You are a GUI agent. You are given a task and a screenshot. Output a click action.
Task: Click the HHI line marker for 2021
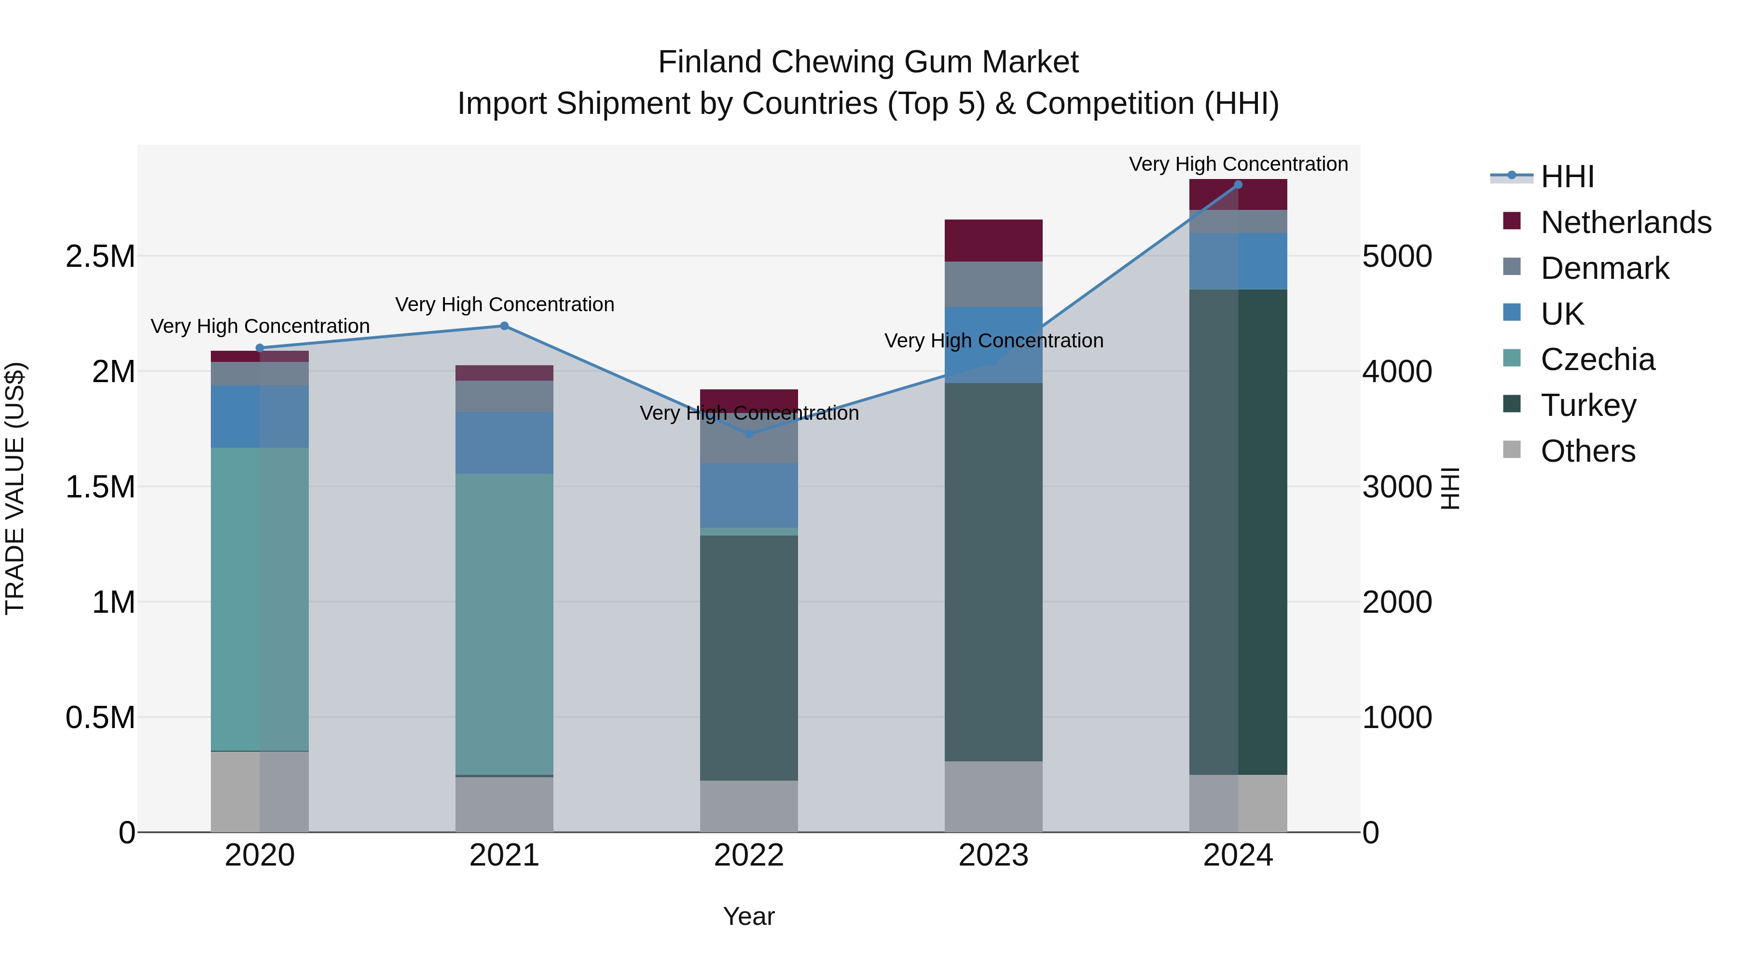coord(504,326)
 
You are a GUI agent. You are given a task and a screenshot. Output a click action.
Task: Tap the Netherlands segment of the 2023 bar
coord(993,240)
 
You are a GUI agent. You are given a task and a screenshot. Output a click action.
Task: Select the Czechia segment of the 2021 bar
coord(504,624)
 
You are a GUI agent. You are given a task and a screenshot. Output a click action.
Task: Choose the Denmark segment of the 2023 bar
coord(993,284)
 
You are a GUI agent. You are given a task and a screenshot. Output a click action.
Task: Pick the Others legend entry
coord(1587,451)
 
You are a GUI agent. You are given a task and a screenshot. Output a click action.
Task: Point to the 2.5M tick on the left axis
coord(100,256)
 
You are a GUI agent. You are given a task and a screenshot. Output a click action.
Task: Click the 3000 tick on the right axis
coord(1396,487)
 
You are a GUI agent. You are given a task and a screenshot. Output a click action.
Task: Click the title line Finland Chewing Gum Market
coord(868,62)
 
